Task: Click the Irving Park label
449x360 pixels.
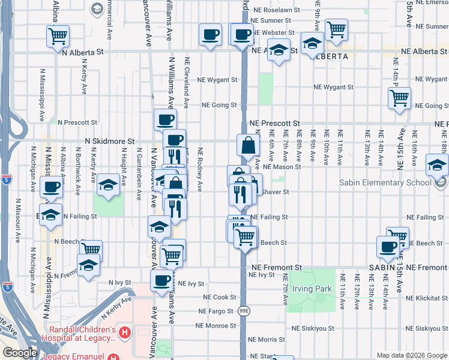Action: [312, 289]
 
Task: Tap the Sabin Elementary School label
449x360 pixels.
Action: [385, 182]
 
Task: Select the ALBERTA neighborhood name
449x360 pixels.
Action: [328, 56]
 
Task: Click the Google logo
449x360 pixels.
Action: [20, 353]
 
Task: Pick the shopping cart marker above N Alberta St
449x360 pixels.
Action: [58, 36]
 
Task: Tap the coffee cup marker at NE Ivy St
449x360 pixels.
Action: [161, 280]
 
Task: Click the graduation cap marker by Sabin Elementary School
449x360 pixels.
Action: [437, 164]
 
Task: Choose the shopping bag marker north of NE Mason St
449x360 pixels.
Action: [248, 145]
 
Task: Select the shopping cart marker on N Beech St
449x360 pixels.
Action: [91, 249]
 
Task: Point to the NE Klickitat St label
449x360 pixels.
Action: [427, 298]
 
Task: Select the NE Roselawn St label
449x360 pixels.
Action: [277, 10]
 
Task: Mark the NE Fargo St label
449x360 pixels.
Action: [217, 311]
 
